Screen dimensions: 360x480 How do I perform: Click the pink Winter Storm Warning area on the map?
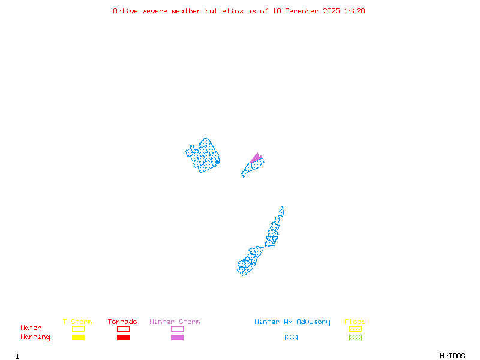pos(256,158)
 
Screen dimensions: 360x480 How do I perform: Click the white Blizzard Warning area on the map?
pos(283,217)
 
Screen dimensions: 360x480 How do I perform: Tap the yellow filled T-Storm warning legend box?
pos(78,337)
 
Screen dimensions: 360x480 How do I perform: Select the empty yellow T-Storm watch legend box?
pos(78,329)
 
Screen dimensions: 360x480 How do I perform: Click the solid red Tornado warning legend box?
pos(123,337)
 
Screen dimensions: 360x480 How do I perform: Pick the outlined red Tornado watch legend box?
pos(123,329)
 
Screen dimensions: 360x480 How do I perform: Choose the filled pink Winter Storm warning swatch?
pos(177,337)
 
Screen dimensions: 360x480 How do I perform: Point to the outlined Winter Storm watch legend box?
pos(177,329)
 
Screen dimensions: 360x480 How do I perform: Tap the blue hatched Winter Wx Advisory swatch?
pos(291,337)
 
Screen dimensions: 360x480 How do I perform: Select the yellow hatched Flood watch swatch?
pos(355,329)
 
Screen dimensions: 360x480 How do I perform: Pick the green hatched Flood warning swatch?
pos(355,337)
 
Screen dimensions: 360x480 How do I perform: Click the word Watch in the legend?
pos(31,328)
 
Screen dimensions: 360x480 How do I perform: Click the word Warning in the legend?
pos(35,337)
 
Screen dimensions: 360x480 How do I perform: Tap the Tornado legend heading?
pos(122,322)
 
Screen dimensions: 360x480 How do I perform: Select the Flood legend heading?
pos(355,322)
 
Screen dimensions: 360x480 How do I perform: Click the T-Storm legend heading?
pos(77,322)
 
